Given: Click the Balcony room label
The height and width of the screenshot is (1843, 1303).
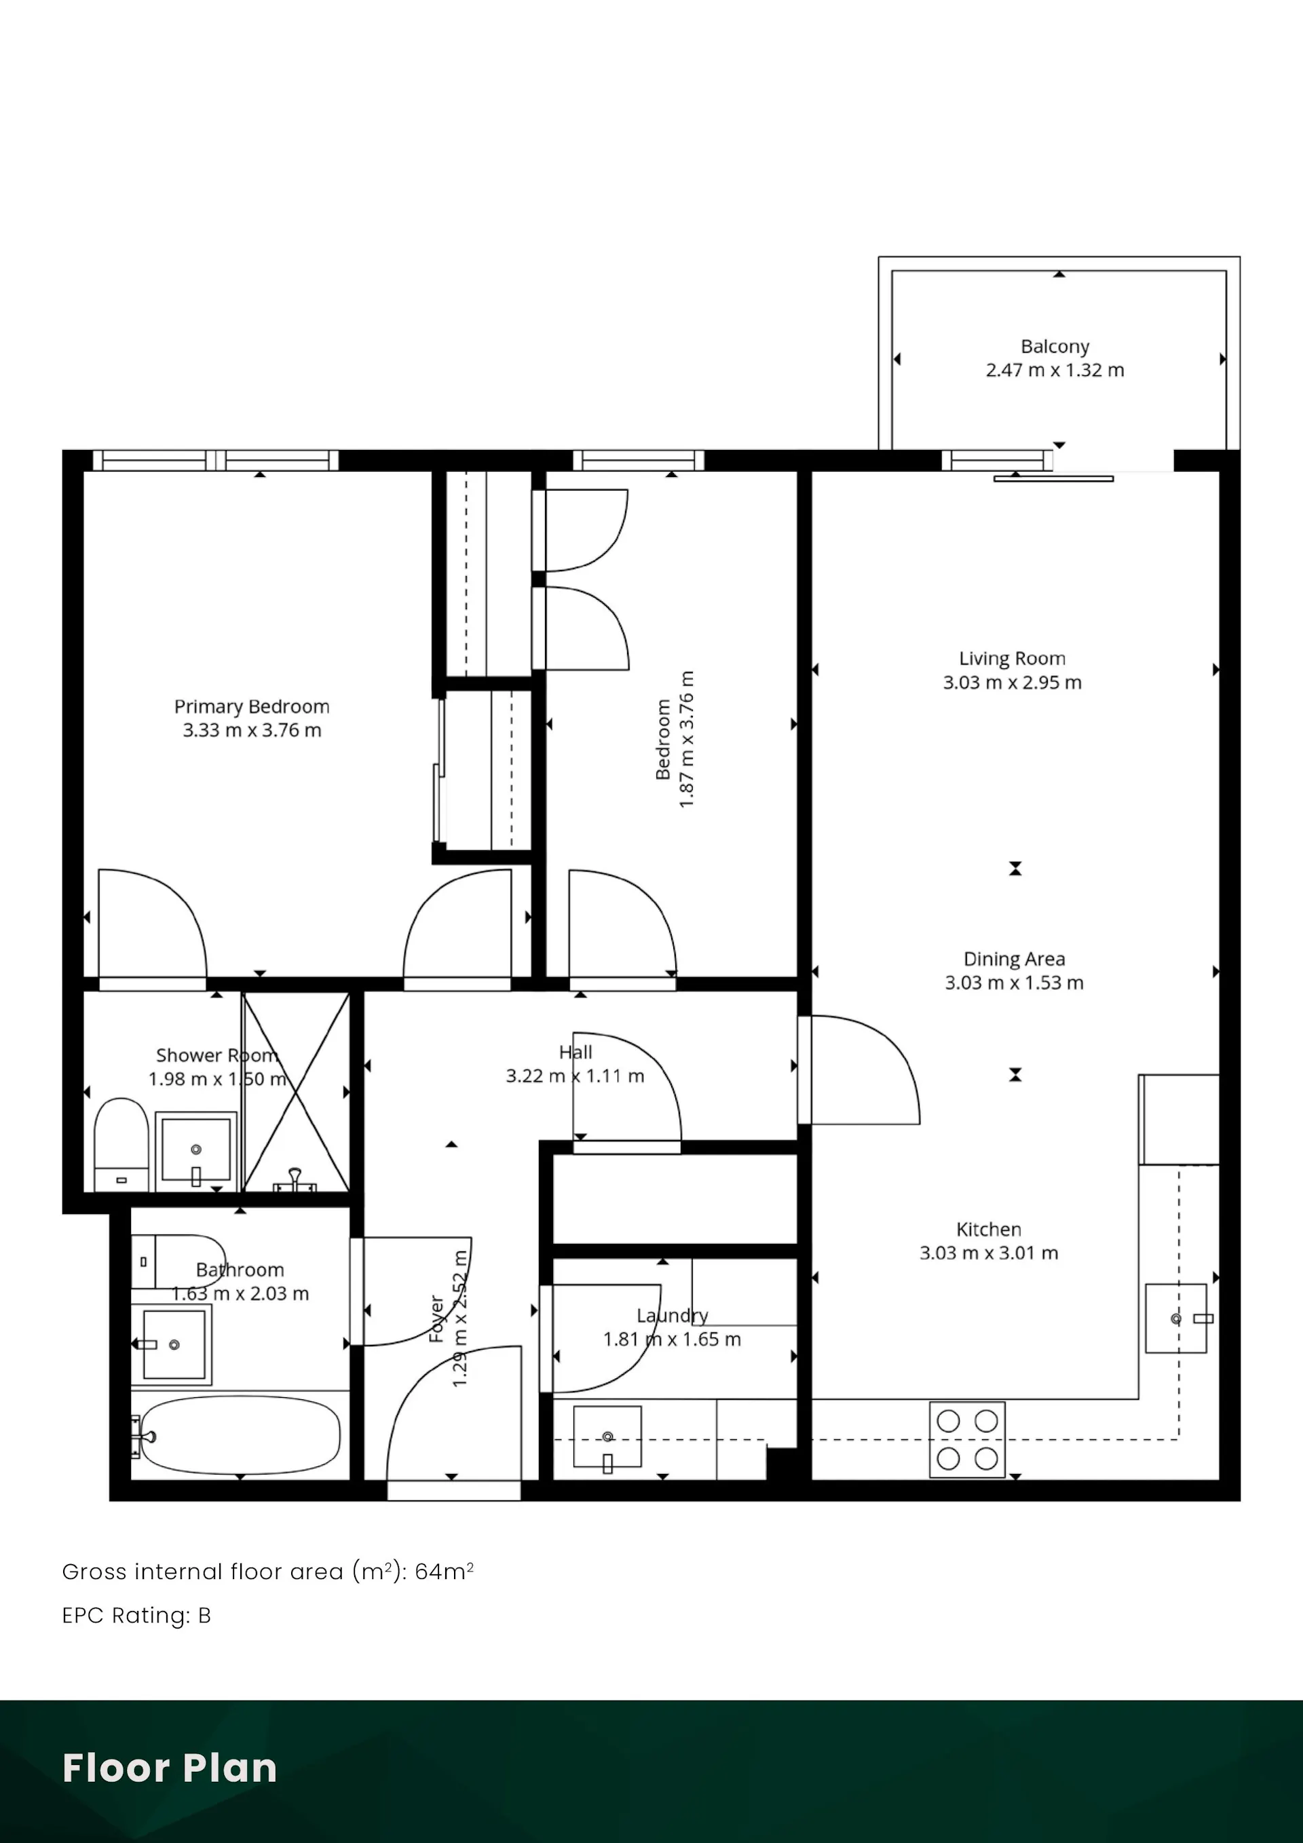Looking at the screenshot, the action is (1055, 347).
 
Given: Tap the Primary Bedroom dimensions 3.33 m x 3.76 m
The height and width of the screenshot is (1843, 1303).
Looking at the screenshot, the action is (252, 730).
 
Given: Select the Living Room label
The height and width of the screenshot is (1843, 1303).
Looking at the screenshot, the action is (1013, 659).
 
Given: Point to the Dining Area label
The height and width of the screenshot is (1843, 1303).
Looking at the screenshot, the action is (1014, 959).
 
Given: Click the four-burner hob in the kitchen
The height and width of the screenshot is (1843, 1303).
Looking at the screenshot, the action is (968, 1439).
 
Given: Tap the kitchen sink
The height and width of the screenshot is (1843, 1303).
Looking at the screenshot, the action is (1176, 1319).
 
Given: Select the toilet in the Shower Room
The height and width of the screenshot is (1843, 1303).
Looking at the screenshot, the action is (121, 1145).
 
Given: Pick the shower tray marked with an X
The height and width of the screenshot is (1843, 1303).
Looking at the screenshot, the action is (297, 1092).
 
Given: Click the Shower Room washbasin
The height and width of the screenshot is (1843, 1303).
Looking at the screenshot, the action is (196, 1150).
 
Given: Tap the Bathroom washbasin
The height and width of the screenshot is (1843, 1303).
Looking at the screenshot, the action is (172, 1344).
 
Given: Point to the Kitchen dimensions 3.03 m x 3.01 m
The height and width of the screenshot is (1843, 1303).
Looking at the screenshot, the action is (989, 1253).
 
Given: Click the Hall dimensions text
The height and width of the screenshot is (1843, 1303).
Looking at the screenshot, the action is (575, 1076).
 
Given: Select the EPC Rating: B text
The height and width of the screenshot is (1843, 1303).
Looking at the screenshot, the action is (136, 1615).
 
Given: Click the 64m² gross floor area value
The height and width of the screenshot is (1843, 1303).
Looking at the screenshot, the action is (444, 1571).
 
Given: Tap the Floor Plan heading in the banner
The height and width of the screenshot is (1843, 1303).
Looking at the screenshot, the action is (170, 1768).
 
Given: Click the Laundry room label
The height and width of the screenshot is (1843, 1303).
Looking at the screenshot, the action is (673, 1316).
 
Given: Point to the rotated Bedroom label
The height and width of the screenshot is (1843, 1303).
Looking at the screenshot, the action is (663, 739).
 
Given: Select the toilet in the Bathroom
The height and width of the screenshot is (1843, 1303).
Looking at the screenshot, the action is (178, 1261).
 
